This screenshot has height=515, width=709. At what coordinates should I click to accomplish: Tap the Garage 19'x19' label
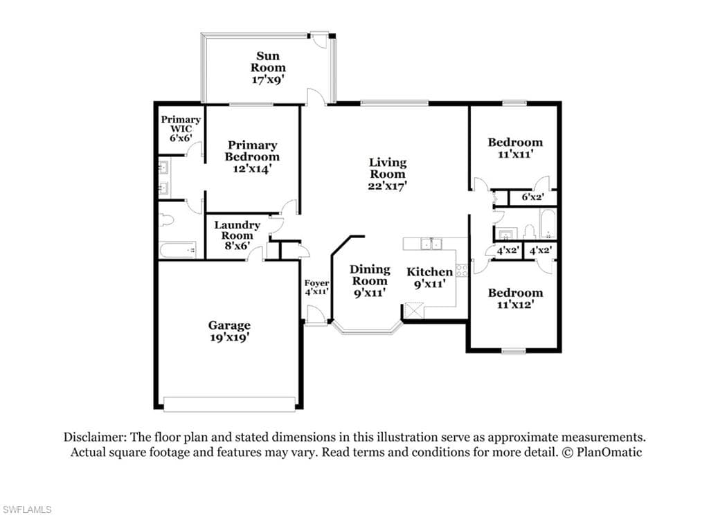(x=229, y=331)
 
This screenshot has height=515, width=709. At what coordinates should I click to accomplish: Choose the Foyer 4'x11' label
(x=316, y=287)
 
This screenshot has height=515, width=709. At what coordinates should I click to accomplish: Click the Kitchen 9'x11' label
(x=429, y=278)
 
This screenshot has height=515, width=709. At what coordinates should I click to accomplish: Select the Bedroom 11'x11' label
(x=515, y=148)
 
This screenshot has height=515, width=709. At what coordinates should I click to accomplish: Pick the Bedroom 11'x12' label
(x=515, y=298)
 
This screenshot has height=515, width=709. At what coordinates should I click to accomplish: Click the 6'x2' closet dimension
(x=532, y=197)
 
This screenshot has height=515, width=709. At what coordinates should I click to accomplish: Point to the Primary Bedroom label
(x=252, y=156)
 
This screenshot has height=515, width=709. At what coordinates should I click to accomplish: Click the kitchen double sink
(x=431, y=244)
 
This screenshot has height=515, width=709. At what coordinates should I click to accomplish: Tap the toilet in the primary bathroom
(x=166, y=221)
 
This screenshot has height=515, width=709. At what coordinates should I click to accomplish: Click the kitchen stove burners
(x=461, y=271)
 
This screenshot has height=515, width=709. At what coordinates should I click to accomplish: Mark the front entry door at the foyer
(x=316, y=315)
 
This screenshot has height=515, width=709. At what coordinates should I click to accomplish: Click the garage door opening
(x=230, y=404)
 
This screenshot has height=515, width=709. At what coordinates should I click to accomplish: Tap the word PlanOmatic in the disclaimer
(x=609, y=452)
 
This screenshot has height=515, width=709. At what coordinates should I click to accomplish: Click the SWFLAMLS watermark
(x=26, y=510)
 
